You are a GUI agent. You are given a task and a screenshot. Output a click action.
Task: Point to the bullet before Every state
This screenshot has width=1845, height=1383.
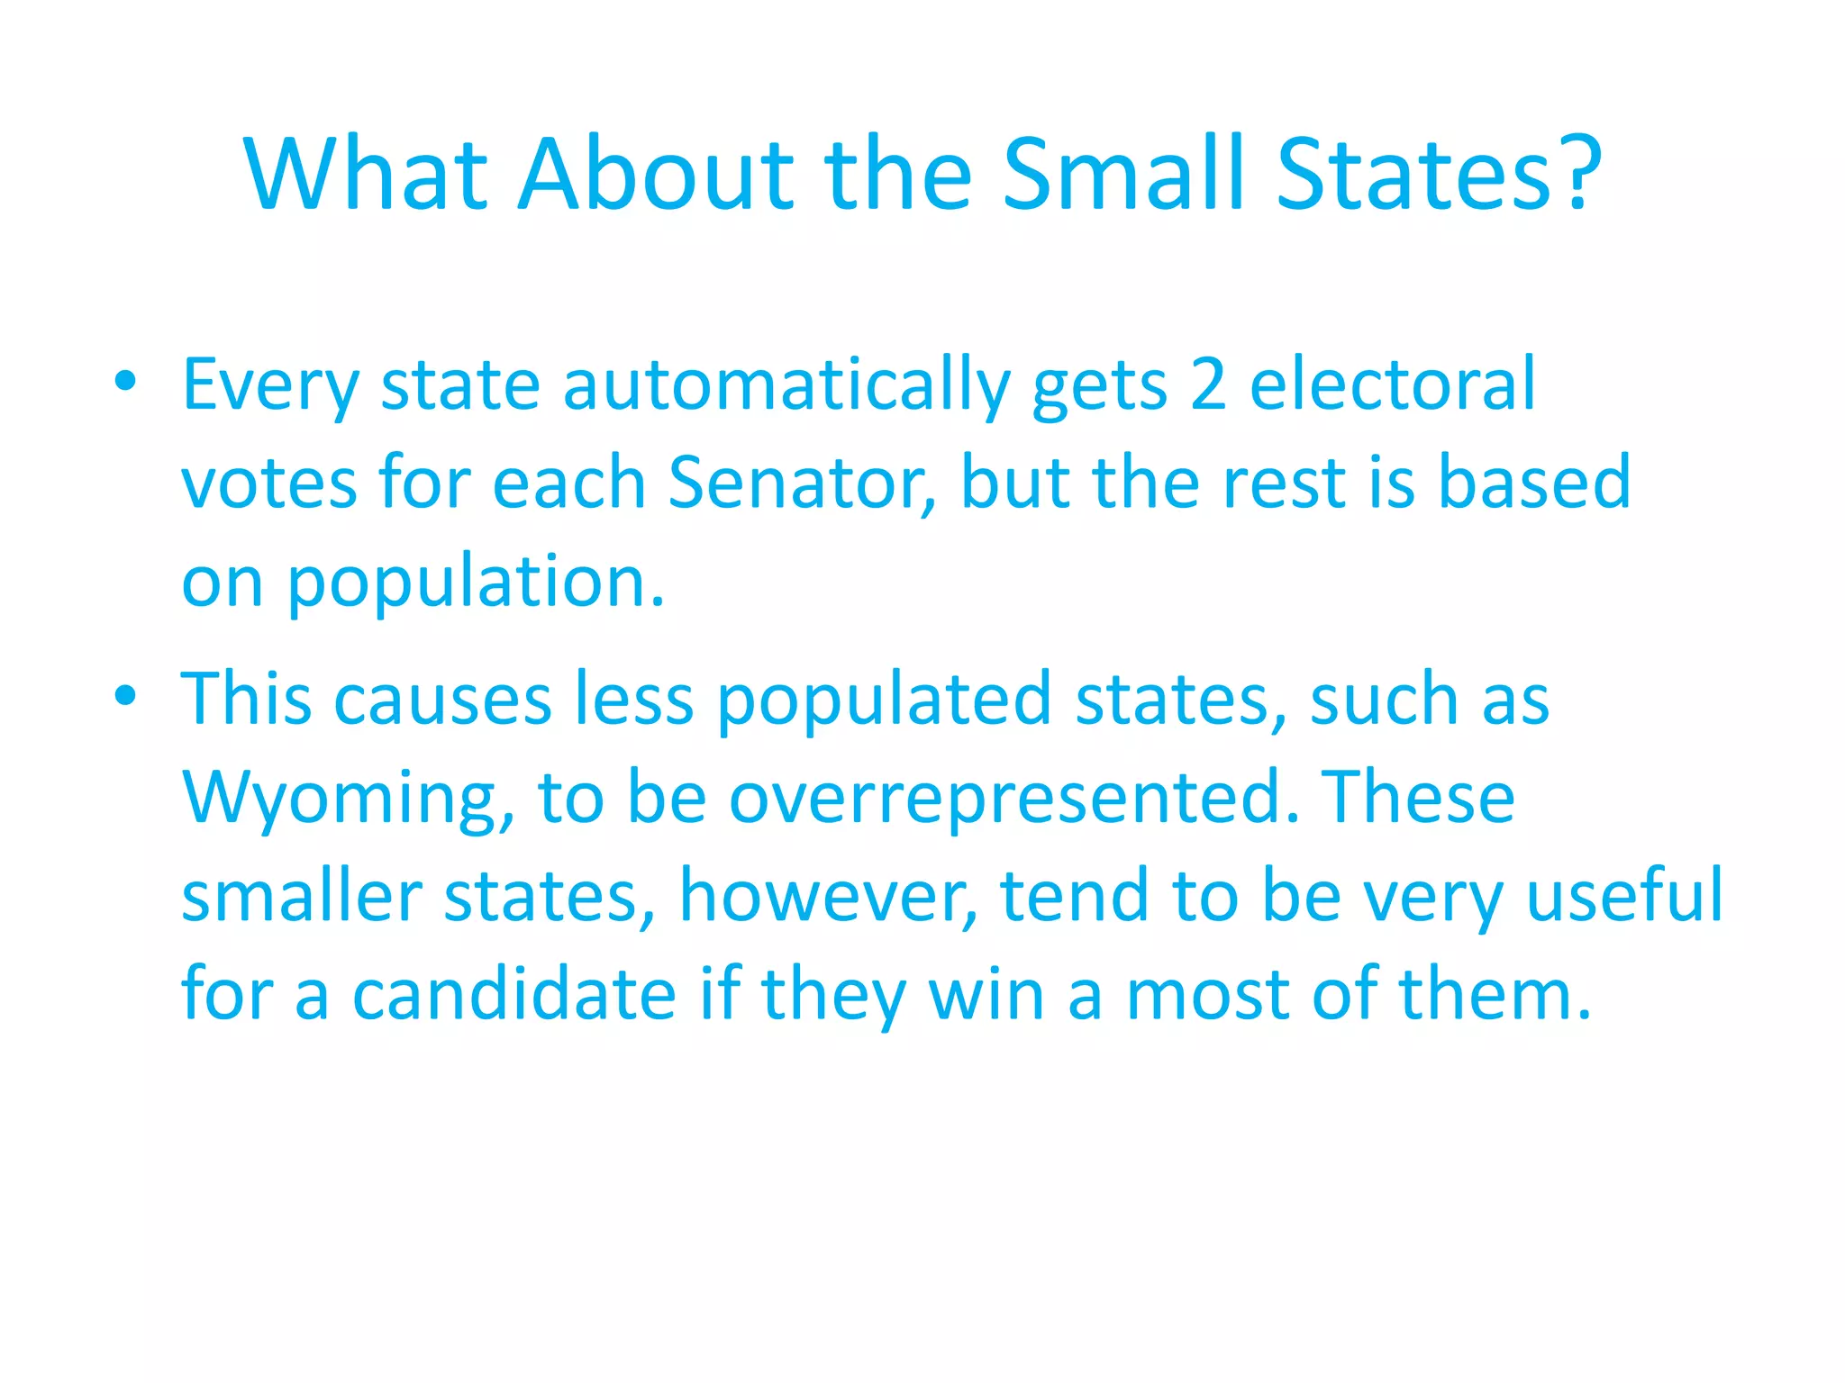126,381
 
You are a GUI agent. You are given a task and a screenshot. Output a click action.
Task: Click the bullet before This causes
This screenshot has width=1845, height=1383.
126,695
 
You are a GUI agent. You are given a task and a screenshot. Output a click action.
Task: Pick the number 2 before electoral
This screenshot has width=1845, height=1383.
1208,384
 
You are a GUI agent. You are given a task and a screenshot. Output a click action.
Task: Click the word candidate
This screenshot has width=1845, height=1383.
514,995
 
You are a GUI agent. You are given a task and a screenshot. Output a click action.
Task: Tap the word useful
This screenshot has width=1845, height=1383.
1624,895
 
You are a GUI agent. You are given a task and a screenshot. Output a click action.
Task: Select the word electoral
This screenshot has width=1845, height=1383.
1393,384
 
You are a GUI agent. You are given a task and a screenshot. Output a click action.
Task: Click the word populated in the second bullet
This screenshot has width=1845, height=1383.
884,701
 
